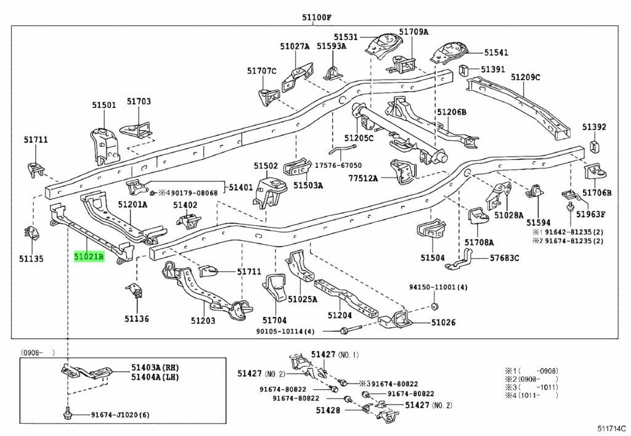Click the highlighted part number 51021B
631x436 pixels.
(x=89, y=257)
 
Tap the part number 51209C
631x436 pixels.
(x=525, y=77)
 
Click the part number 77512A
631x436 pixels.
(x=362, y=179)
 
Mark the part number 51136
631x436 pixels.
(x=136, y=319)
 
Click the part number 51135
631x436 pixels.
(x=31, y=259)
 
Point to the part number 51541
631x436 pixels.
(x=496, y=53)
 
